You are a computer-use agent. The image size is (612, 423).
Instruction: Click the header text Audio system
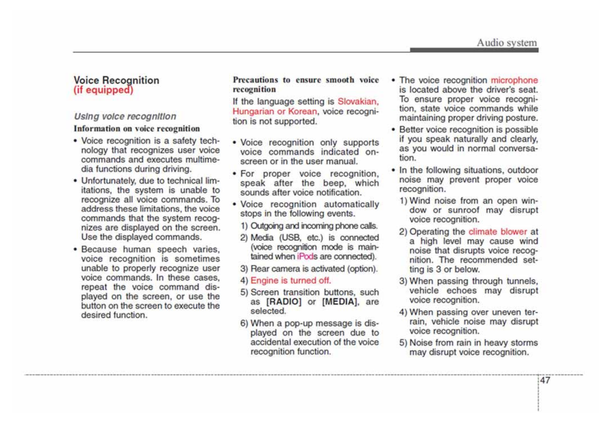pyautogui.click(x=506, y=43)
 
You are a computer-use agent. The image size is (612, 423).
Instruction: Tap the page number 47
pyautogui.click(x=545, y=380)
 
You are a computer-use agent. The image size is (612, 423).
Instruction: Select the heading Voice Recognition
pyautogui.click(x=117, y=80)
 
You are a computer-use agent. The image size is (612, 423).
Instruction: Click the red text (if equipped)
pyautogui.click(x=104, y=90)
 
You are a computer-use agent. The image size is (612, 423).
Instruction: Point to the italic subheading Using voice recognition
pyautogui.click(x=125, y=116)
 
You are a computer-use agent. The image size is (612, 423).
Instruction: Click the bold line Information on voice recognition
pyautogui.click(x=137, y=129)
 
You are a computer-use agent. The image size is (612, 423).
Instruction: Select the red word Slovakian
pyautogui.click(x=358, y=101)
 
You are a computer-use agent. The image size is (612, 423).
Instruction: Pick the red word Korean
pyautogui.click(x=302, y=111)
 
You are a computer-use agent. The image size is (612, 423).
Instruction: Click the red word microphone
pyautogui.click(x=514, y=80)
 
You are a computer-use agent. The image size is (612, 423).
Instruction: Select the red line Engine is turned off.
pyautogui.click(x=290, y=280)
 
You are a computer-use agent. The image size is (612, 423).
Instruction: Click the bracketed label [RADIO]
pyautogui.click(x=284, y=302)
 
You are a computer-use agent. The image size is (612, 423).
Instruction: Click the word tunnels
pyautogui.click(x=522, y=281)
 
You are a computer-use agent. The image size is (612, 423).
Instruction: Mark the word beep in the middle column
pyautogui.click(x=333, y=183)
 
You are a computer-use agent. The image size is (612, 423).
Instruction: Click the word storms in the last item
pyautogui.click(x=525, y=343)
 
